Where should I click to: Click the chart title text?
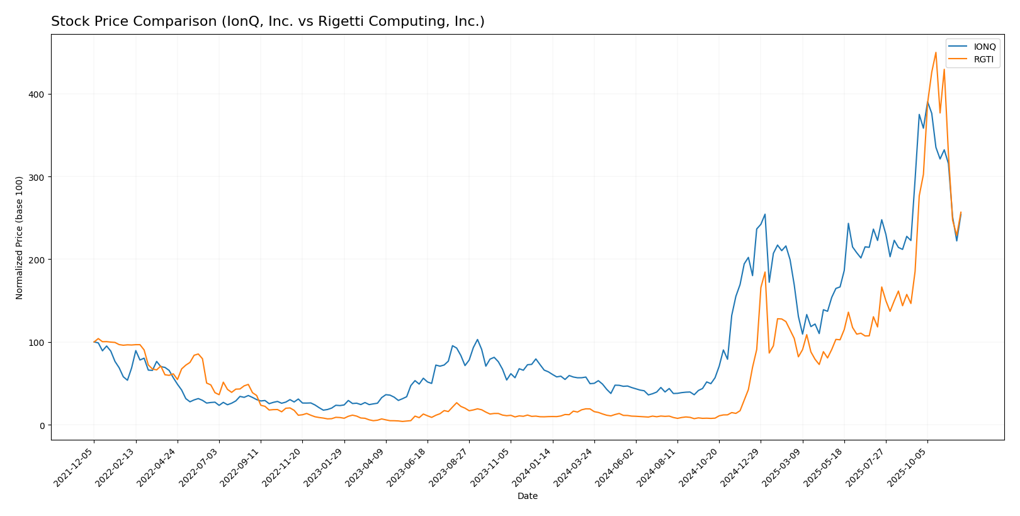(x=268, y=21)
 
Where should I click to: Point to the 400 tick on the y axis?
(x=38, y=95)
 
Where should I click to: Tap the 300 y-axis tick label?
(x=38, y=177)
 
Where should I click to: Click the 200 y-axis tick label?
(x=38, y=260)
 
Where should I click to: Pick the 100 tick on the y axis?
(x=38, y=343)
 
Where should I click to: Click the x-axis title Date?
(x=528, y=496)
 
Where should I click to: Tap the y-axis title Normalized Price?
(x=20, y=238)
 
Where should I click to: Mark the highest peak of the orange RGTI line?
(x=936, y=52)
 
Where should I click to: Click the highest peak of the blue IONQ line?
(x=927, y=101)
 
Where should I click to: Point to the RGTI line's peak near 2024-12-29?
(x=765, y=272)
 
